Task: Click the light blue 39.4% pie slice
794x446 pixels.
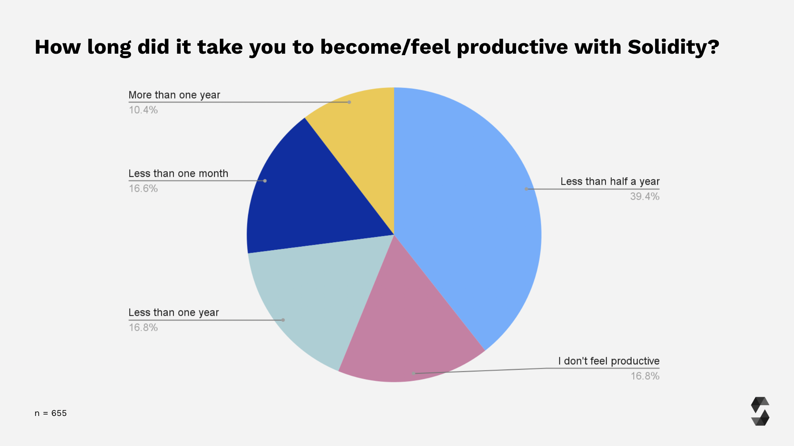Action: coord(465,215)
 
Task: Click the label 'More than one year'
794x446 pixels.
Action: coord(174,95)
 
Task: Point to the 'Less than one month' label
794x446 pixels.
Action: coord(178,174)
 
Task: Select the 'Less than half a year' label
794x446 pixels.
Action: coord(610,181)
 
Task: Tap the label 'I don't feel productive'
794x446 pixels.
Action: coord(609,361)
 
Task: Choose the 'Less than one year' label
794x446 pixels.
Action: coord(174,312)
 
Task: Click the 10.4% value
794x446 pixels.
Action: coord(143,110)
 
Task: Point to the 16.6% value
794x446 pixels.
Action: coord(143,189)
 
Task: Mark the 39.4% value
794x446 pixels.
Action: coord(645,197)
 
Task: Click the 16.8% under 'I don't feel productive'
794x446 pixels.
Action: coord(645,376)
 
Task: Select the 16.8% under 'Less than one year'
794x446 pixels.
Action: coord(143,328)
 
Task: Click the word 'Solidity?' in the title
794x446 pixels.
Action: coord(673,47)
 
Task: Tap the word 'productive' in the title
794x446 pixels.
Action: coord(512,47)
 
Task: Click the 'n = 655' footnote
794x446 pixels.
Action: coord(50,413)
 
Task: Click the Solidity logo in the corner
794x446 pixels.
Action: coord(760,411)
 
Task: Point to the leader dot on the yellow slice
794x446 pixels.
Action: coord(349,102)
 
